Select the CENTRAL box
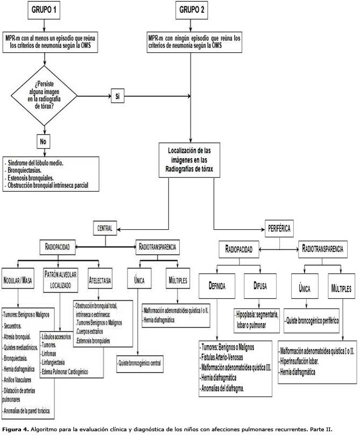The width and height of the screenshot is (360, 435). (x=104, y=228)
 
